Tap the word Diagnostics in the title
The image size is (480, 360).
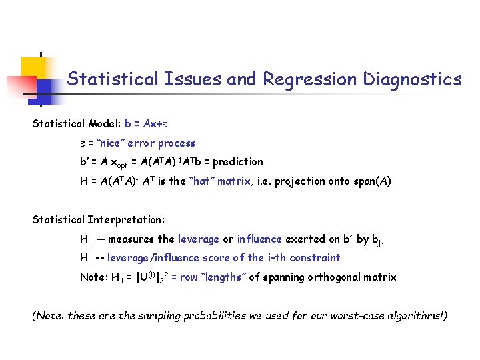(412, 80)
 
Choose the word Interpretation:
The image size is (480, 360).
(125, 220)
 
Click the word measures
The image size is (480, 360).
(133, 239)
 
